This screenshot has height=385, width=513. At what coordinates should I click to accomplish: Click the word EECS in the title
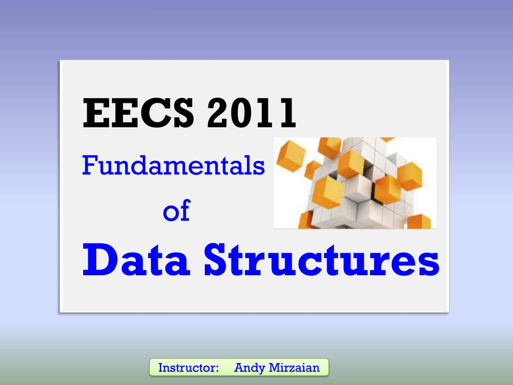138,113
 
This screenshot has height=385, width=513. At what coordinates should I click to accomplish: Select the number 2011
251,113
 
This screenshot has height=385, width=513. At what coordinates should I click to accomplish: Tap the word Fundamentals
173,165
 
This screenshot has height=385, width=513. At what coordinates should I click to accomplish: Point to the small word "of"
177,211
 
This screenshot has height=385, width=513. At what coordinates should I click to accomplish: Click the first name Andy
249,368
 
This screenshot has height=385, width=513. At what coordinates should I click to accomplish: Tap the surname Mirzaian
294,367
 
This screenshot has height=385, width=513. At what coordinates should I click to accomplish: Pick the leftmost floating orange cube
291,155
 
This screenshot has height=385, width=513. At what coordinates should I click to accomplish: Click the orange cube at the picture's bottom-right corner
419,222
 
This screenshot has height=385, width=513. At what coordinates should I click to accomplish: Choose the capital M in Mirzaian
275,367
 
